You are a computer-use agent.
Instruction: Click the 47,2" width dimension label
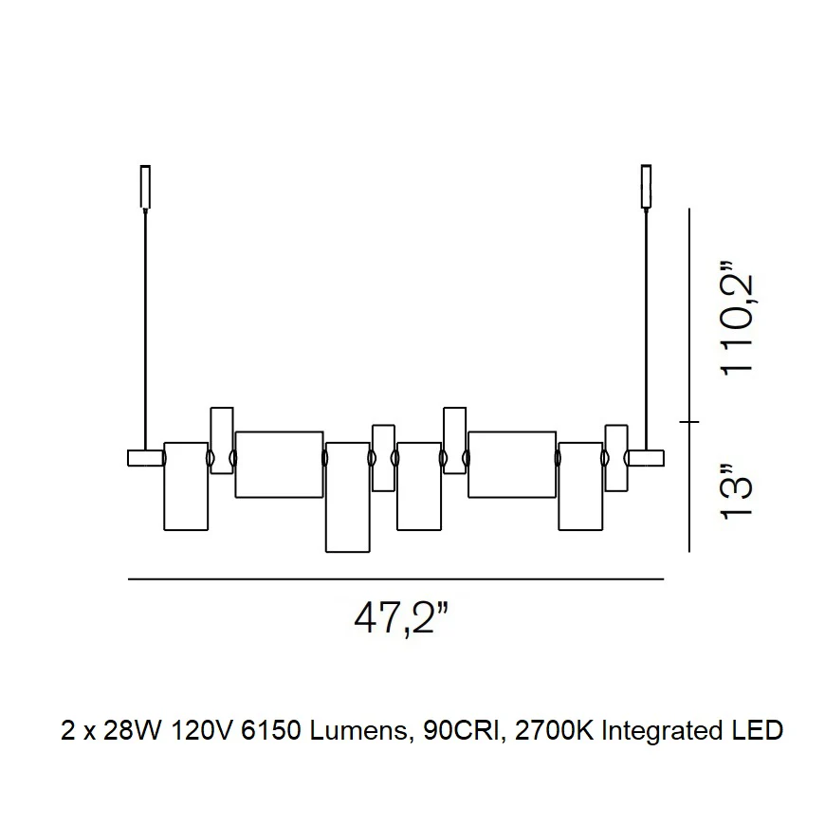[x=402, y=618]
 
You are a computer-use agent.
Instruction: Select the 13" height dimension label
[x=737, y=492]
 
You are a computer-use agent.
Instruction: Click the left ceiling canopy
[x=145, y=187]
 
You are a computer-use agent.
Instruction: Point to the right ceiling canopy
[x=646, y=187]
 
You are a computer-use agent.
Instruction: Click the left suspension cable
[x=146, y=329]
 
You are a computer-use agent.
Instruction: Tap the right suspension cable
[x=647, y=329]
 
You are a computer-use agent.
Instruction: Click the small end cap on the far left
[x=146, y=458]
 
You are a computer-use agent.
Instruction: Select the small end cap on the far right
[x=646, y=458]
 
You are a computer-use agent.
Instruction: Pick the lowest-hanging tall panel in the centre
[x=348, y=497]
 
